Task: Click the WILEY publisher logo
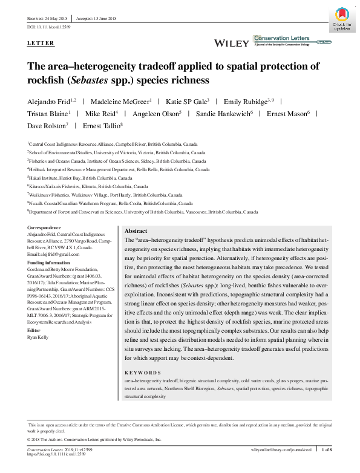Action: click(x=232, y=43)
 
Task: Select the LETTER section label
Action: click(x=41, y=44)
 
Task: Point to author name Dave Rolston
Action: click(x=47, y=126)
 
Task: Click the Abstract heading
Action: click(x=136, y=232)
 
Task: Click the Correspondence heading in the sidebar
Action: click(x=45, y=227)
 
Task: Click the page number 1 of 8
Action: click(x=327, y=451)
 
